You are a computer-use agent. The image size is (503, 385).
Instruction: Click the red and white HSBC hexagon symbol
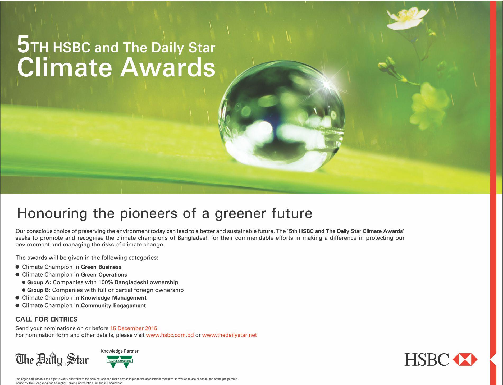click(x=465, y=360)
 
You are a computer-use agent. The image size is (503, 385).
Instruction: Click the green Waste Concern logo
click(x=120, y=362)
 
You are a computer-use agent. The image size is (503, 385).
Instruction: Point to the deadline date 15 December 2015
click(x=134, y=328)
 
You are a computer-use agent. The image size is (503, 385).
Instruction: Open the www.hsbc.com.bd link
click(x=170, y=335)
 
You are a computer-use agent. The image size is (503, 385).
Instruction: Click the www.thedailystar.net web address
click(x=229, y=335)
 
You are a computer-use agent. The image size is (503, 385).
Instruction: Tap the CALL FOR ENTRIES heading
click(x=47, y=319)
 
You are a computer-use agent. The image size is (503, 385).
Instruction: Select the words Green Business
click(x=101, y=267)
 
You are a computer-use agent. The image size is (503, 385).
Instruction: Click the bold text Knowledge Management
click(x=114, y=298)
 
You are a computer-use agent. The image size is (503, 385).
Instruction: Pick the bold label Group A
click(x=39, y=282)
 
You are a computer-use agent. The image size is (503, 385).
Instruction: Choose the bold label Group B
click(x=39, y=290)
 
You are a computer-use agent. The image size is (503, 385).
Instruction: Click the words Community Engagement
click(x=113, y=305)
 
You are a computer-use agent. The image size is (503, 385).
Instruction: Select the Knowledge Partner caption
click(x=120, y=351)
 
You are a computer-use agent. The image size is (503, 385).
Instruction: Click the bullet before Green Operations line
click(x=17, y=275)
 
